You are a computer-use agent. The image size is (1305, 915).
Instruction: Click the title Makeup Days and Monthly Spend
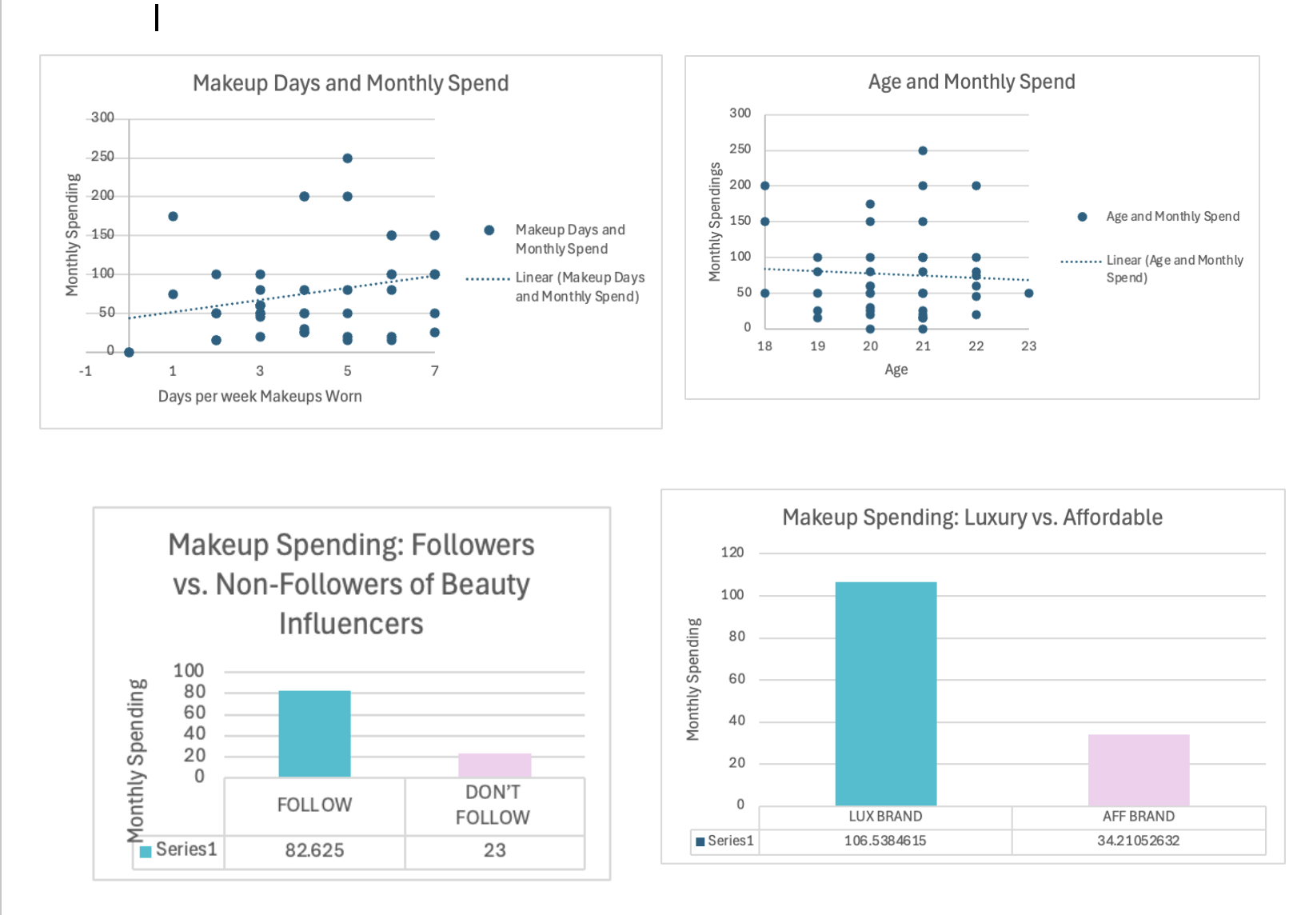pyautogui.click(x=350, y=83)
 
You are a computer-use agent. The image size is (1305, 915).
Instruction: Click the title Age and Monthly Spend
pyautogui.click(x=972, y=82)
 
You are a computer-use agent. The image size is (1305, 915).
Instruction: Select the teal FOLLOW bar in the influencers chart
pyautogui.click(x=314, y=733)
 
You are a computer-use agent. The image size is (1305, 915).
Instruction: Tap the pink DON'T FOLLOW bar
pyautogui.click(x=494, y=765)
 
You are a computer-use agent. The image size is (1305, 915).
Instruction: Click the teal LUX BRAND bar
pyautogui.click(x=885, y=693)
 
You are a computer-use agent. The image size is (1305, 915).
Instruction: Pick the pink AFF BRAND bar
pyautogui.click(x=1138, y=769)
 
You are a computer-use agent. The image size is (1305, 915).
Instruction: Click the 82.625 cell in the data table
pyautogui.click(x=314, y=850)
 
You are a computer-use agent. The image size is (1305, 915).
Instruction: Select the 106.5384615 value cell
pyautogui.click(x=885, y=841)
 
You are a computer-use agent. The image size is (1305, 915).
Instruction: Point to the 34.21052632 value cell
pyautogui.click(x=1138, y=841)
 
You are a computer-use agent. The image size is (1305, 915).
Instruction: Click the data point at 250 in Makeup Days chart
pyautogui.click(x=347, y=158)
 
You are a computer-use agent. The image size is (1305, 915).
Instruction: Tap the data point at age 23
pyautogui.click(x=1028, y=294)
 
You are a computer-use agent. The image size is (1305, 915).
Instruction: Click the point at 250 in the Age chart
pyautogui.click(x=923, y=150)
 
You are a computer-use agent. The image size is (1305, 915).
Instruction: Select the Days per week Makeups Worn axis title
pyautogui.click(x=260, y=397)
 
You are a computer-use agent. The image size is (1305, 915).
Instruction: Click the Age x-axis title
pyautogui.click(x=896, y=370)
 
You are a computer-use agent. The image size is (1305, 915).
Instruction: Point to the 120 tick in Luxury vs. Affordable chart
pyautogui.click(x=732, y=553)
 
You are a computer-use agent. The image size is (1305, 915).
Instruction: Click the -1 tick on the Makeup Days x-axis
pyautogui.click(x=86, y=371)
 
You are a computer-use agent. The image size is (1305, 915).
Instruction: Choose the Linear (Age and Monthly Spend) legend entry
pyautogui.click(x=1174, y=269)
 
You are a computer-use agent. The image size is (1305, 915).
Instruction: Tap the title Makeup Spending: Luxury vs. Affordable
pyautogui.click(x=972, y=517)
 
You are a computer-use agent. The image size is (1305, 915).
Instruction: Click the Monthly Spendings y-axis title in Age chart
pyautogui.click(x=715, y=222)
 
